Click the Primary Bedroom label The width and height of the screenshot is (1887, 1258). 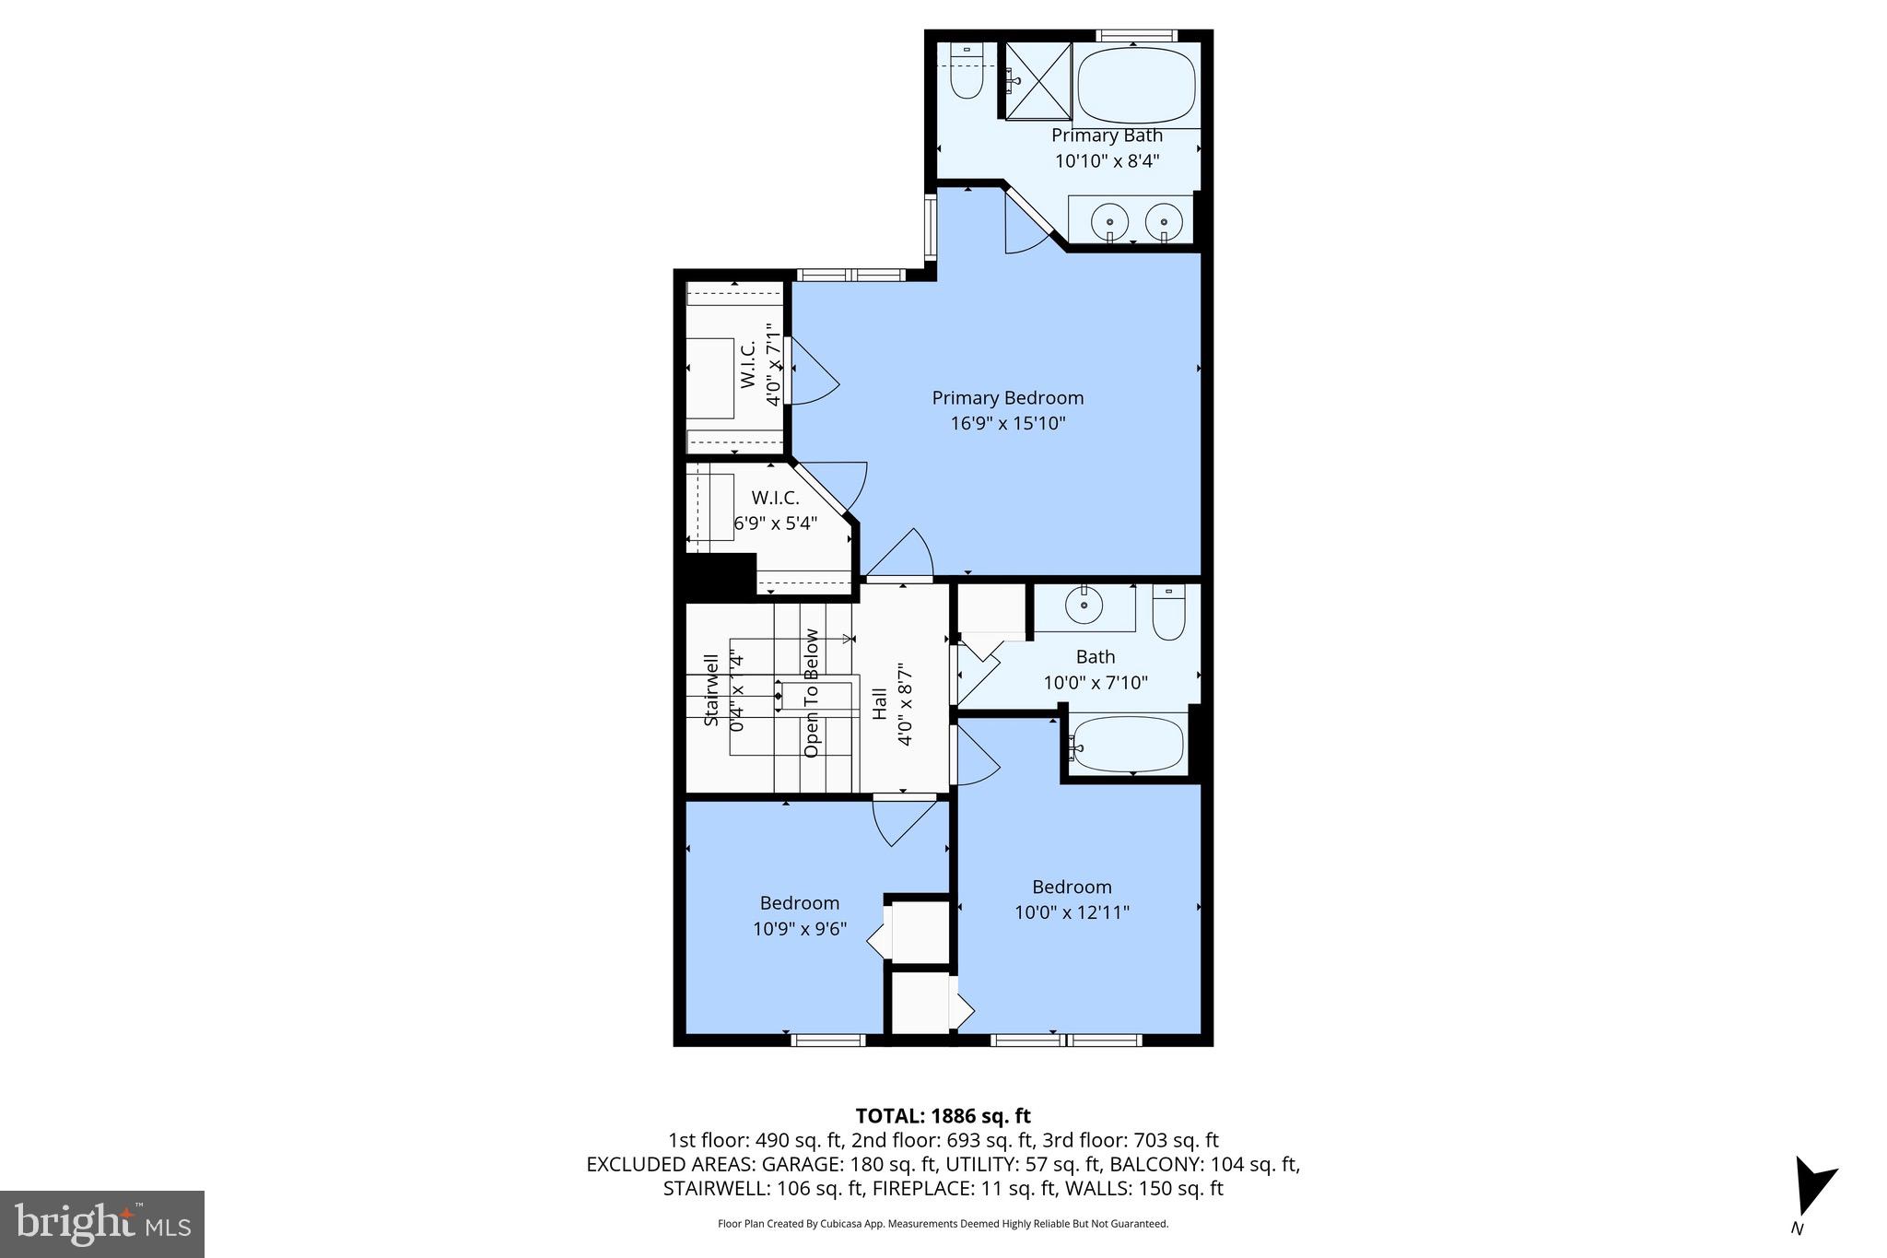1007,398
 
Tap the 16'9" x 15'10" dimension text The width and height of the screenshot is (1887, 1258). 1007,424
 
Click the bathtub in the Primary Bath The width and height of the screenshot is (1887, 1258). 1137,85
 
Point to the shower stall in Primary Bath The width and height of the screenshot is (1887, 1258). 1037,81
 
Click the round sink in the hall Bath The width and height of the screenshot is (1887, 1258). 1084,605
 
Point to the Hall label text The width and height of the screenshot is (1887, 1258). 880,704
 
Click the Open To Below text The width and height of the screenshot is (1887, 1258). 812,693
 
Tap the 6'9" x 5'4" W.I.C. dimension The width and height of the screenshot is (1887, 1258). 775,523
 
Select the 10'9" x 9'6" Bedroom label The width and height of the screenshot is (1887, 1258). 799,929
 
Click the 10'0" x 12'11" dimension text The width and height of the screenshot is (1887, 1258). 1072,912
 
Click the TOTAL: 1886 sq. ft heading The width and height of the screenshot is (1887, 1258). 943,1116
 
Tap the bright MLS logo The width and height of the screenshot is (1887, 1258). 102,1224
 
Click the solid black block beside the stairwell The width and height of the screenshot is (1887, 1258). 720,577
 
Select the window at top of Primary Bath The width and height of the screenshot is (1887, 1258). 1135,36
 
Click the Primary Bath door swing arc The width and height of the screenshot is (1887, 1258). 1026,230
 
